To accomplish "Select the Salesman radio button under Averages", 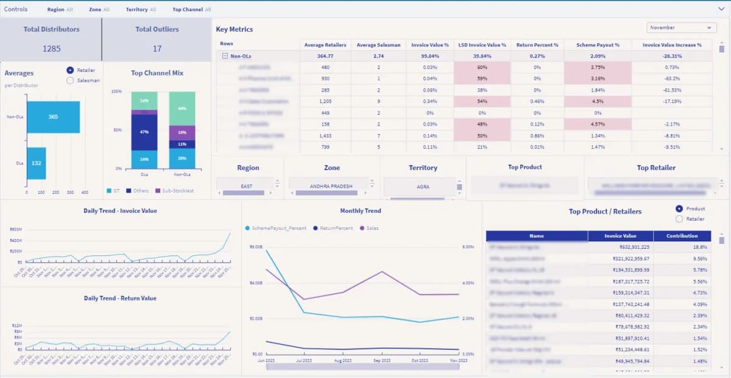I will [x=70, y=80].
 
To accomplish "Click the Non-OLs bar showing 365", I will [x=53, y=116].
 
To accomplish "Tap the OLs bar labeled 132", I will [x=36, y=163].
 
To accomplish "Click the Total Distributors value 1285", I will [x=51, y=48].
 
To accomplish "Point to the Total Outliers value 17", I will [x=157, y=48].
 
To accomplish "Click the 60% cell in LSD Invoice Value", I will [x=482, y=67].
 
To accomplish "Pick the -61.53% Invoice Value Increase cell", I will [x=672, y=90].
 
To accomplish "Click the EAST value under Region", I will [x=247, y=187].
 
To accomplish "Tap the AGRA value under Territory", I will [x=423, y=187].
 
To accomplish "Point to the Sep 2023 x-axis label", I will [x=382, y=361].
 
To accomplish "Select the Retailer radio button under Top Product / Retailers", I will [x=679, y=219].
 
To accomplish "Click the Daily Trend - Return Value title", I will [x=120, y=298].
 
